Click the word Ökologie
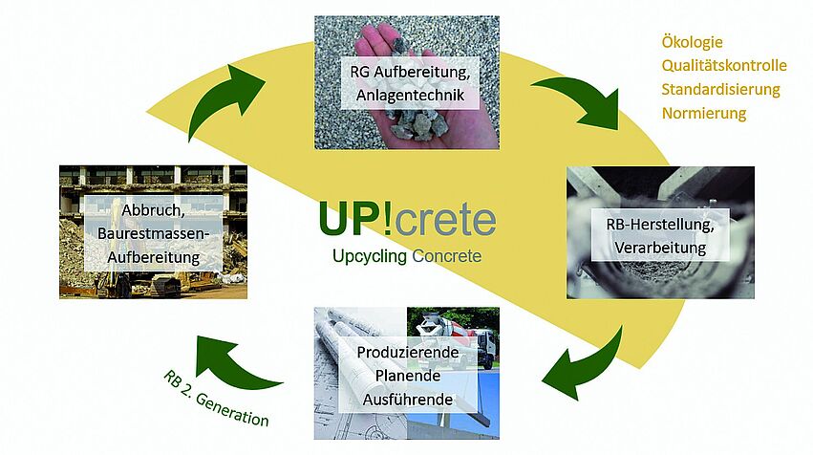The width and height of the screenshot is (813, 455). click(x=692, y=42)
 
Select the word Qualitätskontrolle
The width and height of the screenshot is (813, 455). click(x=724, y=65)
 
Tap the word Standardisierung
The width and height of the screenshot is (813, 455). click(x=720, y=89)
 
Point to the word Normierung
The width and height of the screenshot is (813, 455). click(x=703, y=113)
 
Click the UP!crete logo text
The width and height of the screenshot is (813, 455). click(x=408, y=219)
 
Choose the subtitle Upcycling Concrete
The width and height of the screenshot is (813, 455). click(x=407, y=256)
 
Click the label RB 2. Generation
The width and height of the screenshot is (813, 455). click(x=215, y=399)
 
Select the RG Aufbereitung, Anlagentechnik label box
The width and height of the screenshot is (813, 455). click(x=410, y=83)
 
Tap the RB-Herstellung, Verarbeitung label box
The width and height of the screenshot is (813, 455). click(x=660, y=235)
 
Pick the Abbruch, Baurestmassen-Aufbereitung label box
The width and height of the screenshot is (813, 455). click(x=154, y=233)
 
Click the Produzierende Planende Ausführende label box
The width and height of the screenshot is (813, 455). click(x=408, y=376)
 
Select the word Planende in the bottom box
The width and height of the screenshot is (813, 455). click(x=408, y=376)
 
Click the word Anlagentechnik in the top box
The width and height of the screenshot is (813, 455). click(x=410, y=96)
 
